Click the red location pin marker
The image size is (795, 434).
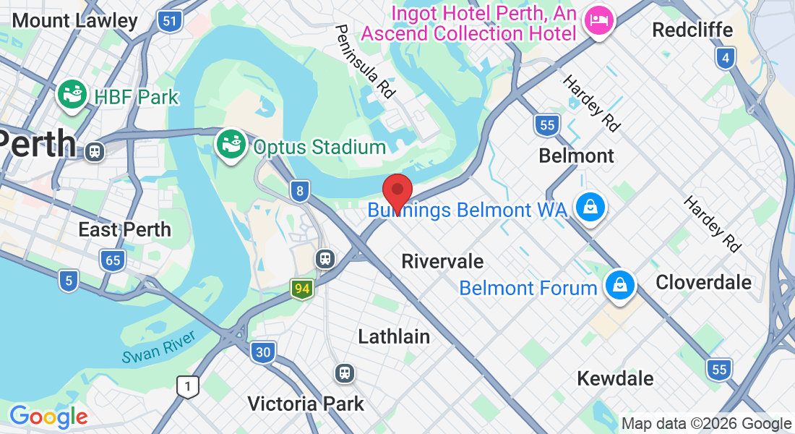(397, 192)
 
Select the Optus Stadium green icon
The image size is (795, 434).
(231, 145)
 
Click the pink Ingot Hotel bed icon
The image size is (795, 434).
(598, 20)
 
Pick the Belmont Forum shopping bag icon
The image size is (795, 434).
(619, 284)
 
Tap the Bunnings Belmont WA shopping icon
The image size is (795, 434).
(590, 208)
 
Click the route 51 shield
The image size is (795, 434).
(169, 21)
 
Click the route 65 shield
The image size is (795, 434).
(112, 260)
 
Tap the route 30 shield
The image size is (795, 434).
(262, 353)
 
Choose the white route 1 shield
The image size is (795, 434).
(188, 386)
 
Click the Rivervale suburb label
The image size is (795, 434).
(442, 261)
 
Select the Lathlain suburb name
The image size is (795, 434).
(394, 336)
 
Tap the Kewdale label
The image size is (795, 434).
(615, 378)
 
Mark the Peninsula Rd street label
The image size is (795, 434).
(366, 61)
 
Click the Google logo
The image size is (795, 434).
(48, 417)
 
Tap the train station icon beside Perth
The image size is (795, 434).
(93, 152)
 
